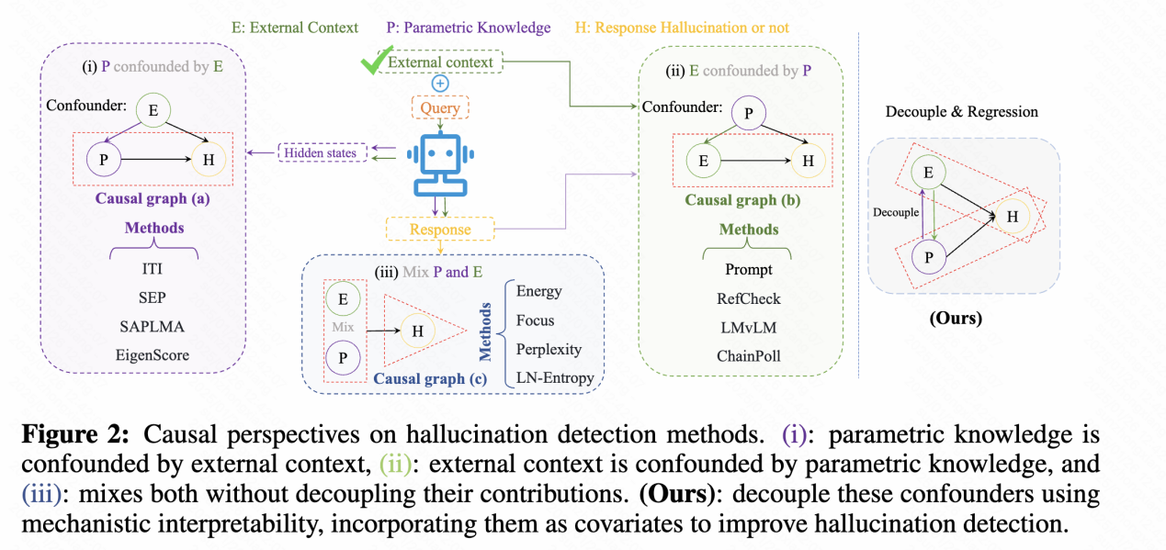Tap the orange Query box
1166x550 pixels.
pyautogui.click(x=440, y=107)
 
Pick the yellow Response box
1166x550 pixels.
pyautogui.click(x=440, y=230)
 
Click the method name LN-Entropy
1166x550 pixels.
pyautogui.click(x=555, y=377)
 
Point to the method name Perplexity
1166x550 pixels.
pyautogui.click(x=549, y=349)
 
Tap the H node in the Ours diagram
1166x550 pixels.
pyautogui.click(x=1013, y=217)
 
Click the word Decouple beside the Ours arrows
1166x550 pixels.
pyautogui.click(x=895, y=212)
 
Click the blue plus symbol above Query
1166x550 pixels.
pyautogui.click(x=440, y=83)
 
